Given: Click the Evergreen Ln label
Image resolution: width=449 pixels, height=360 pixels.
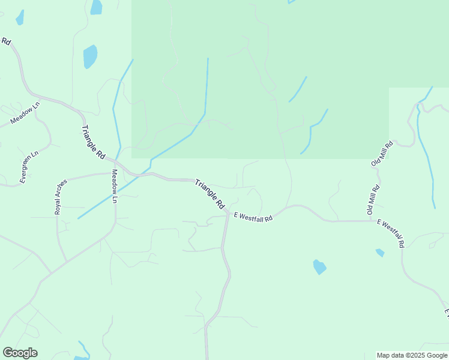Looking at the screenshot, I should coord(28,166).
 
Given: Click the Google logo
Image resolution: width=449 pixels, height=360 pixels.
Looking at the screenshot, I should coord(20,353).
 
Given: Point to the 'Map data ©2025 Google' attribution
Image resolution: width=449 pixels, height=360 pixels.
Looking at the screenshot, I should coord(412,355).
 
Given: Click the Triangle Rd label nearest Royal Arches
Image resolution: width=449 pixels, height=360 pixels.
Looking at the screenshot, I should coord(93,142).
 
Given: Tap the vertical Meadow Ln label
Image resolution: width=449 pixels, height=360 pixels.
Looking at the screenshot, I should coord(114,186).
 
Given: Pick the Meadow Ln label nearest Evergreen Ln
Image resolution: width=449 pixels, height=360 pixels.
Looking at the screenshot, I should coord(25,113).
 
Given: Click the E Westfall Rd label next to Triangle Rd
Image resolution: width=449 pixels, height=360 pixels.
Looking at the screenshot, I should coord(253,217).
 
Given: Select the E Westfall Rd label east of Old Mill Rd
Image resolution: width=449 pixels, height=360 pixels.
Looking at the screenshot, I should coord(391,233).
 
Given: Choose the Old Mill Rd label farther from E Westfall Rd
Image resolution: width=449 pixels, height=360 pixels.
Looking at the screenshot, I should coord(382,154).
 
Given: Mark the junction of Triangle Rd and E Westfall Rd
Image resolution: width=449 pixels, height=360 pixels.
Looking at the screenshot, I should coord(228,213).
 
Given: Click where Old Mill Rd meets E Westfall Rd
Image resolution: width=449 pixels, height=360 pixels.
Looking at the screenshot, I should coord(370,221).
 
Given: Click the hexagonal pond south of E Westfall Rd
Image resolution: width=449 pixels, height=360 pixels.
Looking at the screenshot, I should coord(319,266).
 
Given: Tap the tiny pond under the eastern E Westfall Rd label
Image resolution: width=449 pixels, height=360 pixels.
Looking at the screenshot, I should coord(380,253).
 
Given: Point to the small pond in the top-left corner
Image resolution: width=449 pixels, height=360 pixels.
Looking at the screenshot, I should coord(20,17).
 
